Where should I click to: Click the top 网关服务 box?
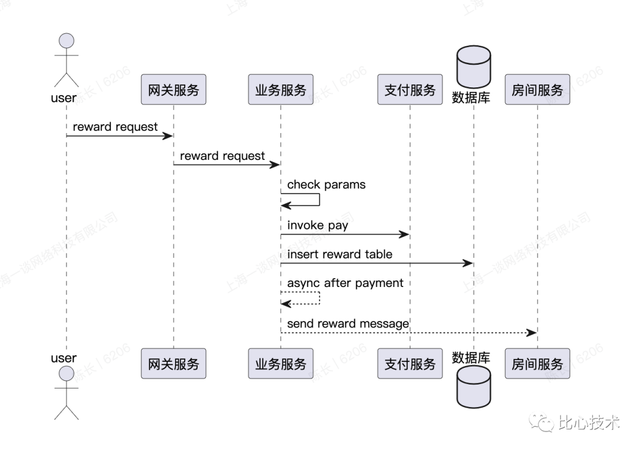pos(173,90)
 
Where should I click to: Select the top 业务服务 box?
pos(281,90)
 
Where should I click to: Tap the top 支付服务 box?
pos(410,90)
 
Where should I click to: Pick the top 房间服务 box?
pos(537,90)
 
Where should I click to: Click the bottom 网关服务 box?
pos(173,364)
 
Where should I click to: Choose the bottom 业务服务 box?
pos(281,364)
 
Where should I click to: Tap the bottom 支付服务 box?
pos(410,364)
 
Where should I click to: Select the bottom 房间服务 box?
pos(537,364)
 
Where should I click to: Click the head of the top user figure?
pos(66,41)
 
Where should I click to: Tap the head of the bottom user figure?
pos(66,374)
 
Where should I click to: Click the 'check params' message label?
pos(326,185)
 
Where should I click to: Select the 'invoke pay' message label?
pos(318,226)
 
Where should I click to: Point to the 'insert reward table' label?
pos(339,254)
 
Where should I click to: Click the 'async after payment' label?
pos(345,283)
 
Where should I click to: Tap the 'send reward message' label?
pos(348,324)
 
